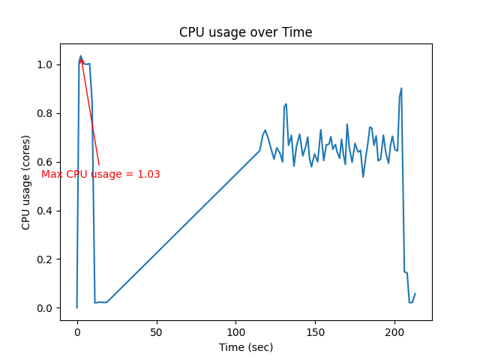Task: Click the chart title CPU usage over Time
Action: (x=245, y=32)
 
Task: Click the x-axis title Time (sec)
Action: (x=245, y=347)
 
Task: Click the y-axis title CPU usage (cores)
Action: (x=26, y=182)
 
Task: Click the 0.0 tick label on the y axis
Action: (x=46, y=308)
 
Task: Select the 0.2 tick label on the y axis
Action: (x=46, y=259)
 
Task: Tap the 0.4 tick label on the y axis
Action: (x=46, y=211)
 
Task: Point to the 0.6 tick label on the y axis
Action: (x=46, y=162)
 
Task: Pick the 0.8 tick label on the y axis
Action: (x=46, y=113)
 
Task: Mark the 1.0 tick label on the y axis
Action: (x=46, y=64)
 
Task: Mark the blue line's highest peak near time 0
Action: (x=81, y=56)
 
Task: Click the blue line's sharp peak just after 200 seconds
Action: (x=401, y=88)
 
